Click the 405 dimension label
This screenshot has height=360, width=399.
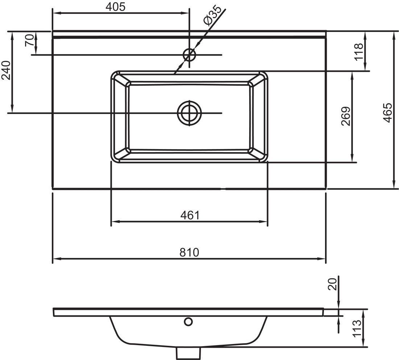coord(115,7)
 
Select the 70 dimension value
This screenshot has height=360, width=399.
coord(30,40)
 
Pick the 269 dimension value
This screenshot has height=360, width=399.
coord(346,116)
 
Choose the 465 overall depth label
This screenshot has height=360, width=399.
coord(387,113)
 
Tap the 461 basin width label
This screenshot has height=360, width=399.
coord(190,216)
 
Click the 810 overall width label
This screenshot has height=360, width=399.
coord(189,252)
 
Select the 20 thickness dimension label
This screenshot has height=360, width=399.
coord(332,284)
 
